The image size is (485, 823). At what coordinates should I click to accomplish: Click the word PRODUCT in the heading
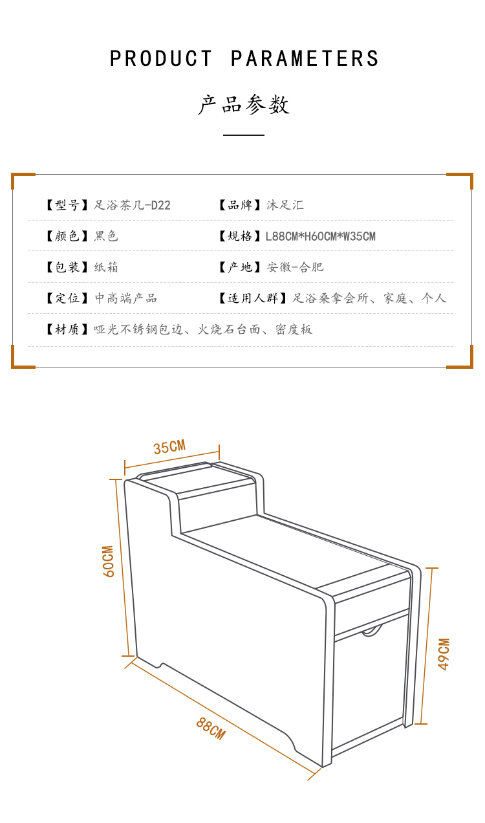pyautogui.click(x=161, y=59)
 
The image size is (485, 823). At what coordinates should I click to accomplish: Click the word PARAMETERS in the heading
pyautogui.click(x=305, y=59)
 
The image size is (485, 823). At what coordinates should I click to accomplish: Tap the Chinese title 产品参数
pyautogui.click(x=244, y=105)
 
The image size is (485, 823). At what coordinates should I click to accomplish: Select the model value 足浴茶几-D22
pyautogui.click(x=133, y=205)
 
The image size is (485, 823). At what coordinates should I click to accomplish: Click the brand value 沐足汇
pyautogui.click(x=285, y=205)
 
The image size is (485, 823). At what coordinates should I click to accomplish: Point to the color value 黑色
pyautogui.click(x=107, y=236)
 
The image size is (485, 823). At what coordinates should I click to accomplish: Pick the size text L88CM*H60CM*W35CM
pyautogui.click(x=321, y=236)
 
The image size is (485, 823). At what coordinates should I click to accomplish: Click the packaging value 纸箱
pyautogui.click(x=107, y=267)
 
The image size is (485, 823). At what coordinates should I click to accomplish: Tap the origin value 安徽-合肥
pyautogui.click(x=295, y=267)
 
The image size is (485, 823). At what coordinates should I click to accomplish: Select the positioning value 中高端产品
pyautogui.click(x=126, y=298)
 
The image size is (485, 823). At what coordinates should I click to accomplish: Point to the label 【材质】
pyautogui.click(x=67, y=329)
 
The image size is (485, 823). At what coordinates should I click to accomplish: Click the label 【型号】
pyautogui.click(x=67, y=205)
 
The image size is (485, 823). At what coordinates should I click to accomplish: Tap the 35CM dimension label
pyautogui.click(x=169, y=447)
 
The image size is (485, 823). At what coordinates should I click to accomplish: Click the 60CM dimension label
pyautogui.click(x=108, y=561)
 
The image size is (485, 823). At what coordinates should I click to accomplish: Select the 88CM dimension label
pyautogui.click(x=211, y=729)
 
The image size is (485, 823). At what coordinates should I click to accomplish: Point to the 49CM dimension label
pyautogui.click(x=444, y=653)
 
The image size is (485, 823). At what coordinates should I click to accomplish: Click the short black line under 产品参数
pyautogui.click(x=244, y=135)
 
